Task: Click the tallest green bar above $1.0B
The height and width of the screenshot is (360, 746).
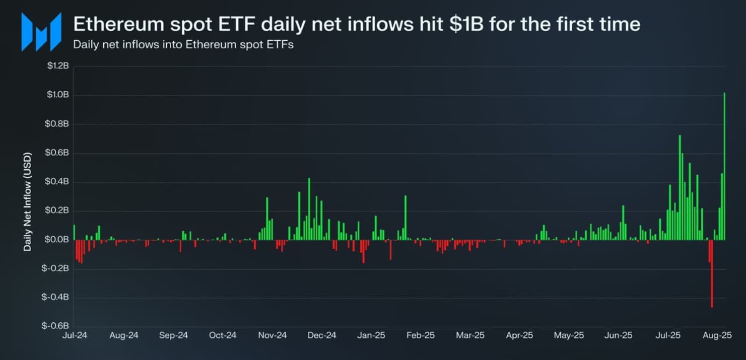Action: (x=724, y=166)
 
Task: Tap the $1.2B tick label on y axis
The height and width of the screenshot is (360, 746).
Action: (x=58, y=66)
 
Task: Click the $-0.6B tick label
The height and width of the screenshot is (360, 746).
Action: (x=56, y=326)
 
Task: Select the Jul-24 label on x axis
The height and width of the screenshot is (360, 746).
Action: (x=74, y=335)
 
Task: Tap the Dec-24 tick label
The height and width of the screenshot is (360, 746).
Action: (x=322, y=335)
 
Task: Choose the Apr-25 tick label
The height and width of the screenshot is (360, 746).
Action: (x=519, y=335)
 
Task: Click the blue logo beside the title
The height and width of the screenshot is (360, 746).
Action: (x=41, y=32)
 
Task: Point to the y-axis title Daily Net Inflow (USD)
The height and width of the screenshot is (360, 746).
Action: (x=27, y=201)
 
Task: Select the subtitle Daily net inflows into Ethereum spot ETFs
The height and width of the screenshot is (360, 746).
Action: (x=183, y=44)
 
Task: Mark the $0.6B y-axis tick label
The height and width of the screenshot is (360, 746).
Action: (x=58, y=153)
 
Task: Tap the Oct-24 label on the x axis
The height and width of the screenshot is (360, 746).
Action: (x=223, y=335)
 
